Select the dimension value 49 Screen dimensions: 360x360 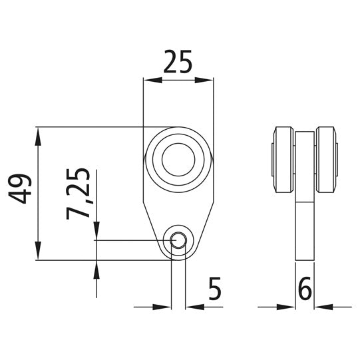(21, 188)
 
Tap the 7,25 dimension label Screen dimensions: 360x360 (81, 192)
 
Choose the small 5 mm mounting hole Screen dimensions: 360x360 (178, 240)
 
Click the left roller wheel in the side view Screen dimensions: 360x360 (281, 160)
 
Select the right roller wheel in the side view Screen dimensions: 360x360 (327, 160)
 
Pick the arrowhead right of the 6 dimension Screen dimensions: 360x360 (322, 307)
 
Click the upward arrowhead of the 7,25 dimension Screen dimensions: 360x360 (97, 268)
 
